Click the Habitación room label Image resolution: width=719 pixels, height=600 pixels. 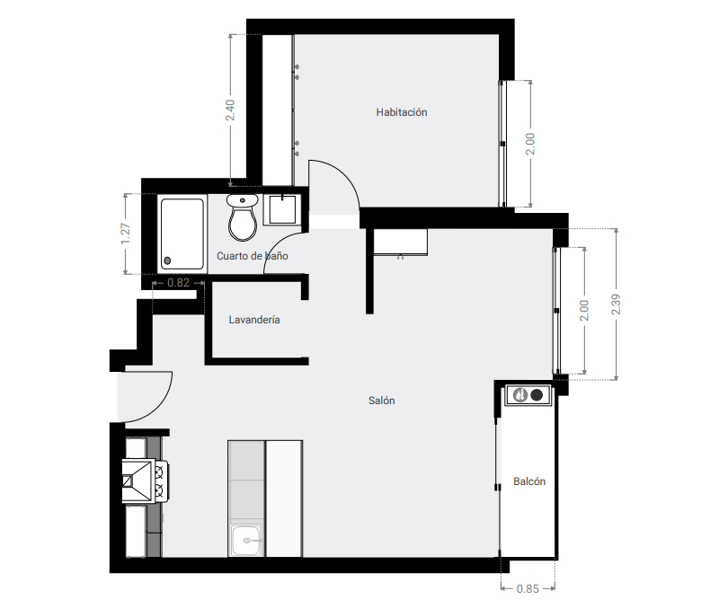point(402,112)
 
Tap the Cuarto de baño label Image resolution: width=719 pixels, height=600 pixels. point(252,256)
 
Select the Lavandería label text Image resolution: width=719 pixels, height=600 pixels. point(254,320)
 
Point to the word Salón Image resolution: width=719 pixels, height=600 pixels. point(381,401)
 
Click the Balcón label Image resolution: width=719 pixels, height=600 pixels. point(529,481)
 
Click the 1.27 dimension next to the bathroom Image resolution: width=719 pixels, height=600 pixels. point(126,234)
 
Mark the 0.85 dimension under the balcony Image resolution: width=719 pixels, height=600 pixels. point(528,589)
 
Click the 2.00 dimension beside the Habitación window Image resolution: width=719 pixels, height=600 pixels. point(531,144)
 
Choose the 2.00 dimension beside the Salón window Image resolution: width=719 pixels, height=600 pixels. point(584,311)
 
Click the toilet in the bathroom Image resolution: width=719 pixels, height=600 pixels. point(241,219)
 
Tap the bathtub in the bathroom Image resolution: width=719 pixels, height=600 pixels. point(182,233)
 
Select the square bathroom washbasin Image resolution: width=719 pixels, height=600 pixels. point(285,208)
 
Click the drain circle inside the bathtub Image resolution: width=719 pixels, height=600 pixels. point(167,261)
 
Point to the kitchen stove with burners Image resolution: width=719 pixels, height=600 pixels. point(144,481)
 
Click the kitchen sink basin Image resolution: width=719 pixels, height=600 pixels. point(246,542)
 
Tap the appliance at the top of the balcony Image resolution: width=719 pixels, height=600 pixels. point(528,394)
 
